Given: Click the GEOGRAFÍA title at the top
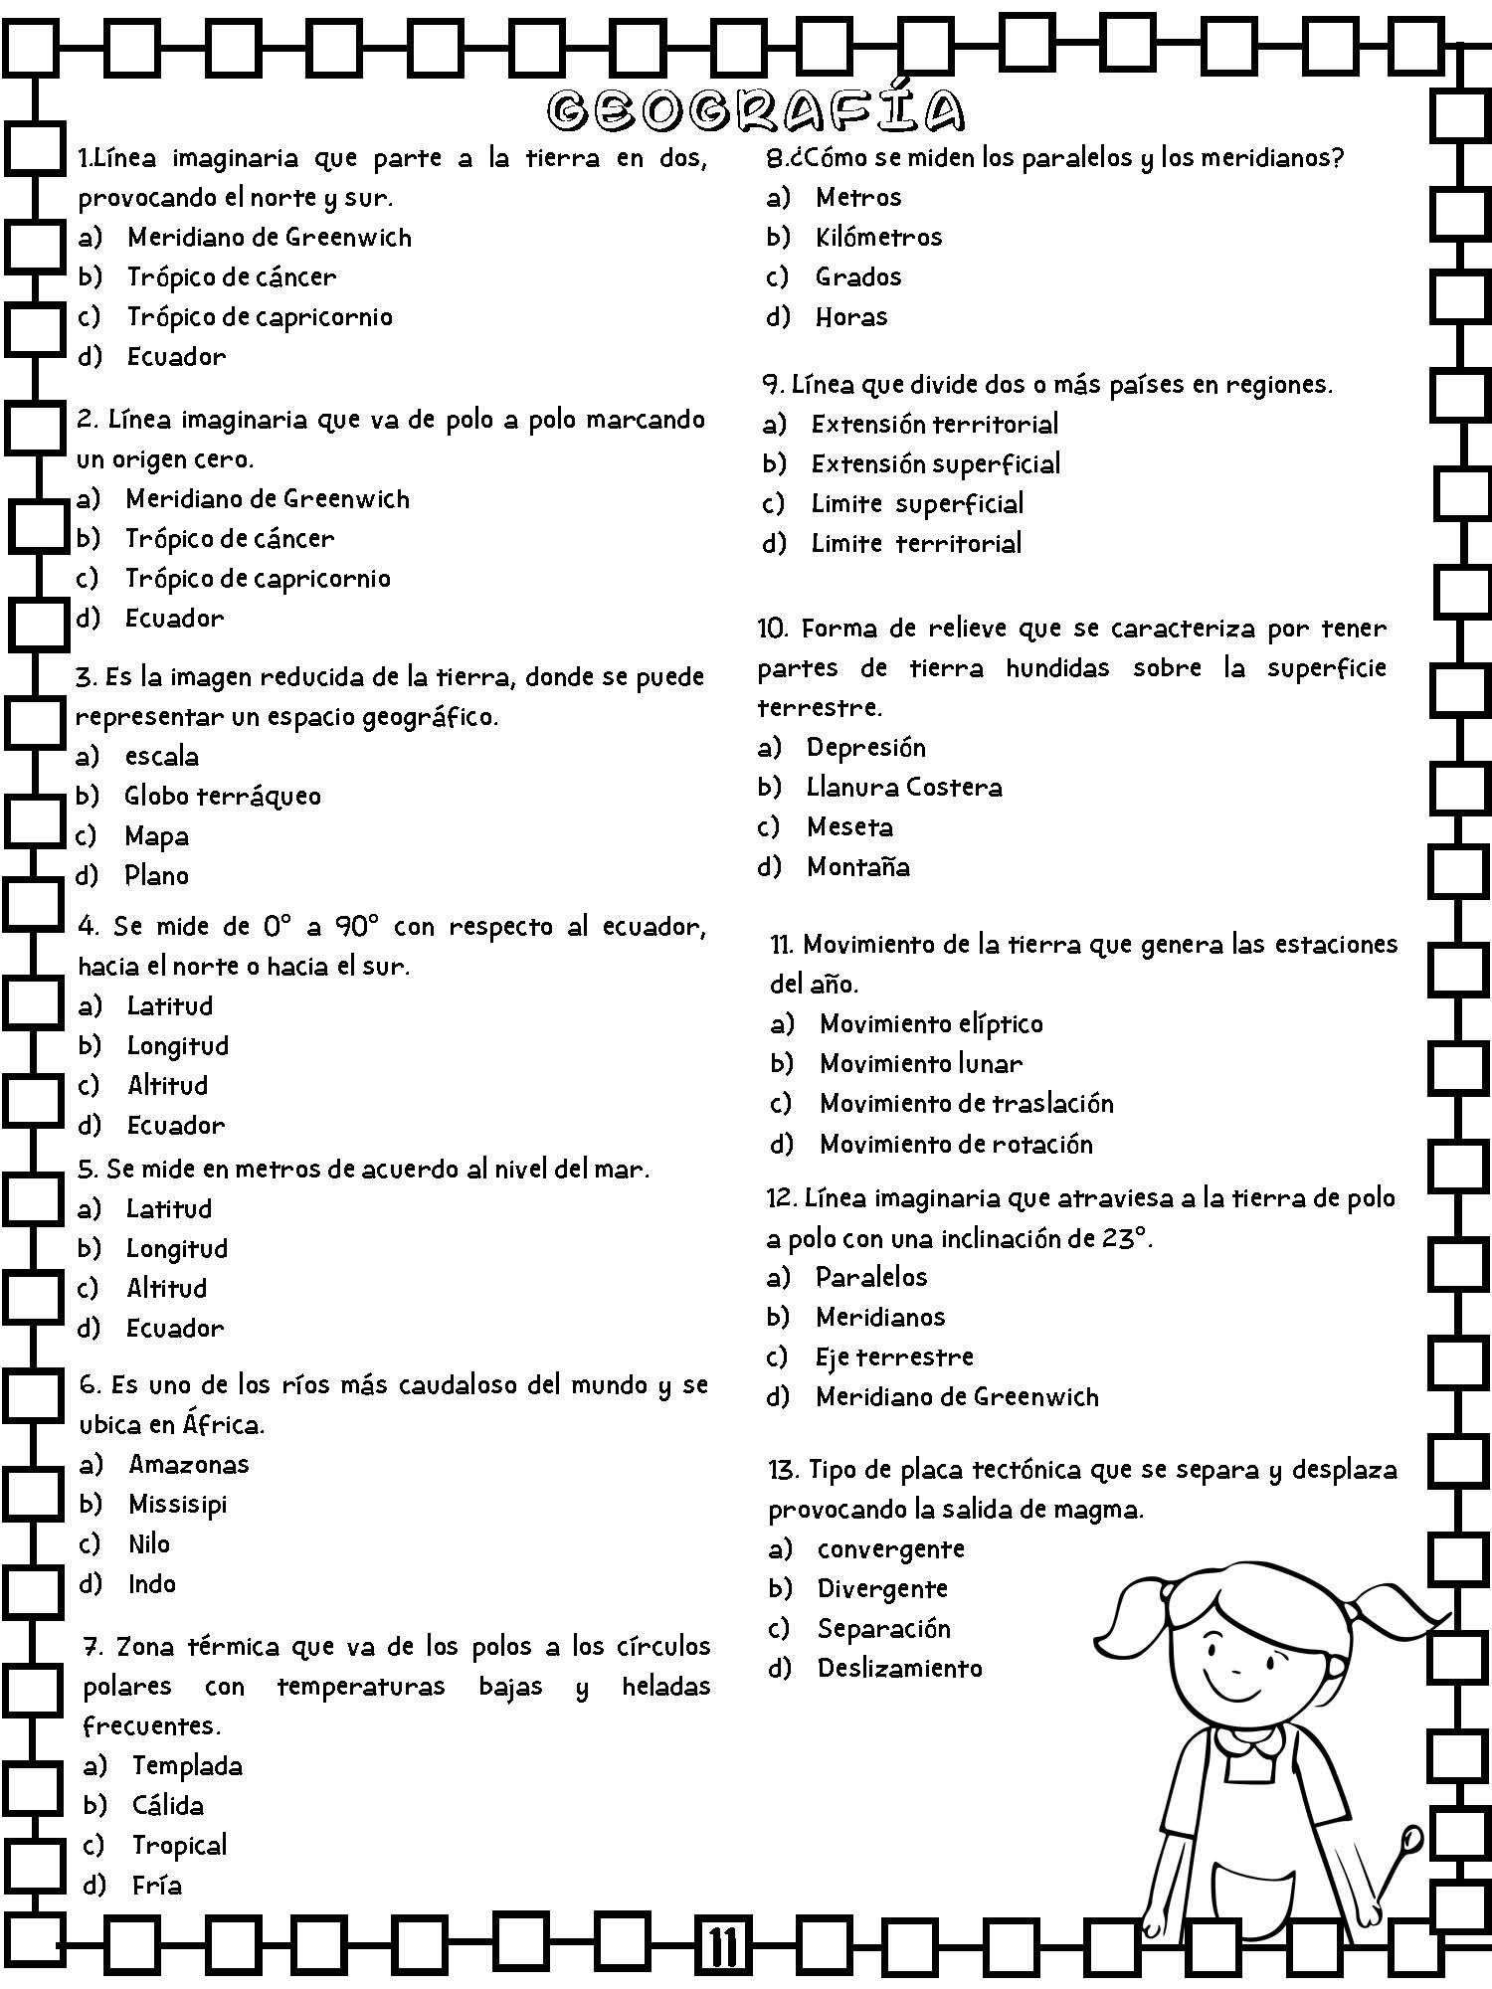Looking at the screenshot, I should tap(756, 111).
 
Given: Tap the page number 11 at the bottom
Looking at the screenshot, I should tap(723, 1947).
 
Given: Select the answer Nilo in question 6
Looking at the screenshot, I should tap(149, 1544).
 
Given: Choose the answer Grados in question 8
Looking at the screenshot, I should tap(857, 276).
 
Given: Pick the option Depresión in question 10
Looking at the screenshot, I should tap(865, 747).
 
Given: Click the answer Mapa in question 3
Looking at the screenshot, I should tap(156, 836).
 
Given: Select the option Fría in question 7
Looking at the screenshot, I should tap(157, 1886).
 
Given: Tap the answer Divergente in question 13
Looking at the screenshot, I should tap(881, 1589).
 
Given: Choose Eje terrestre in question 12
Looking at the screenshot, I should tap(893, 1356).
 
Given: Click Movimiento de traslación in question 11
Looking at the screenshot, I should tap(966, 1104).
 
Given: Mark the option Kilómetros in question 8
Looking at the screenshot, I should tap(878, 237).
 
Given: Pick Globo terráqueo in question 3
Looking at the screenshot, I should tap(222, 797).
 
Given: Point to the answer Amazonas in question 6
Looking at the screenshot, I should tap(189, 1465).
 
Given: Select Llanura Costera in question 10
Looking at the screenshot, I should tap(903, 788).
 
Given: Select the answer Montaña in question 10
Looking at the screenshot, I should tap(857, 867).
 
